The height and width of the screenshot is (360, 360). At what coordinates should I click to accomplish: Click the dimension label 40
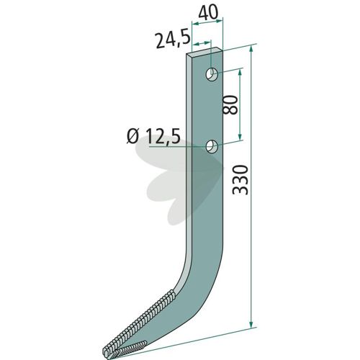click(208, 12)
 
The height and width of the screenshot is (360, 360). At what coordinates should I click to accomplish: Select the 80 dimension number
click(230, 104)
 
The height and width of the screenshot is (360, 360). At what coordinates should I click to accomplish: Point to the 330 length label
click(240, 180)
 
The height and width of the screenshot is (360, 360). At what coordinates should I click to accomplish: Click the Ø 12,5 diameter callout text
click(153, 136)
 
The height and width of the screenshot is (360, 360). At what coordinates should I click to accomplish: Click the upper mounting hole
click(212, 74)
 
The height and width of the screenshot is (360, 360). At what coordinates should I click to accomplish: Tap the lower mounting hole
click(212, 146)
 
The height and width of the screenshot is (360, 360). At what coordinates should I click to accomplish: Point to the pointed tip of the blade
click(104, 354)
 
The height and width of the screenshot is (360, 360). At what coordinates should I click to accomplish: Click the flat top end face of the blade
click(204, 51)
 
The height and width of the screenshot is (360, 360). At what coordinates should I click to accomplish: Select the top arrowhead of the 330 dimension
click(251, 49)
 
